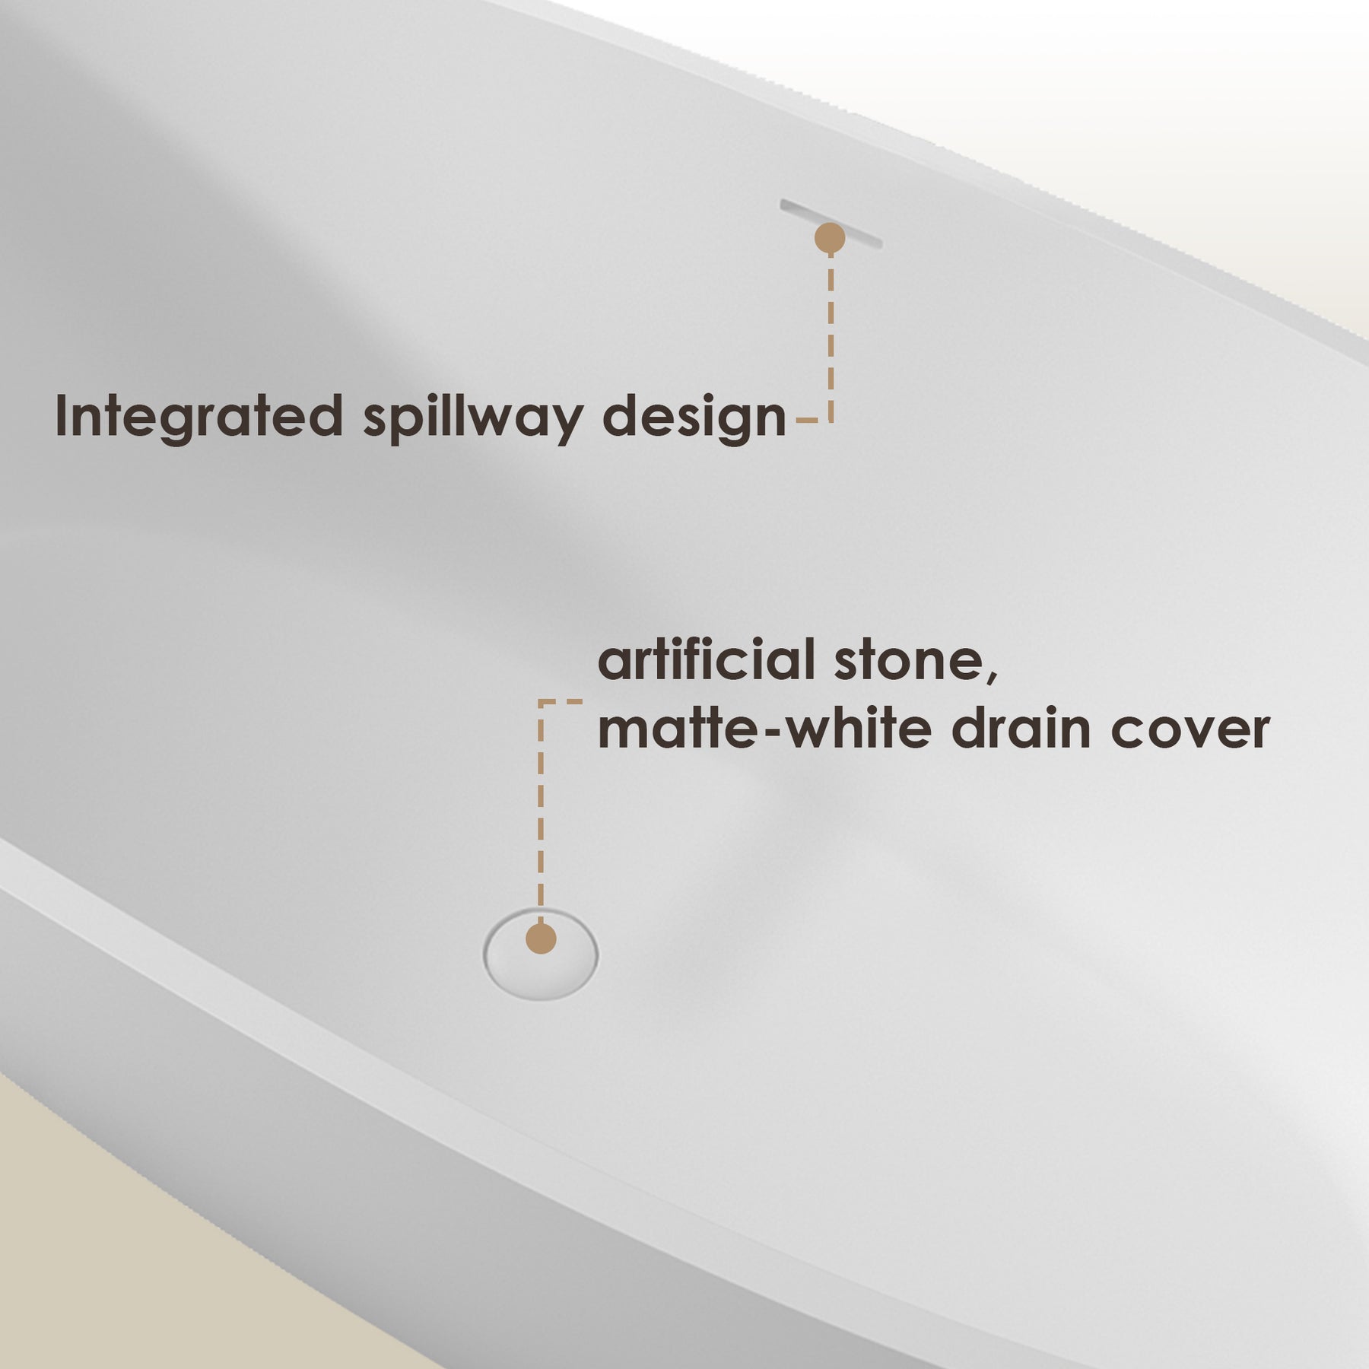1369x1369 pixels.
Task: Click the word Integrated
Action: pos(199,416)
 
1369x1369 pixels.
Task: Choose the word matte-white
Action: pos(765,729)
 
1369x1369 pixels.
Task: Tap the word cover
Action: pos(1190,732)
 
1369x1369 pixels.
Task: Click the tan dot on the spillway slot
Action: pos(830,238)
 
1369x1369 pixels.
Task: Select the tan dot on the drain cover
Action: pos(541,939)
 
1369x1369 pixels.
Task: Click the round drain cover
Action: pos(541,953)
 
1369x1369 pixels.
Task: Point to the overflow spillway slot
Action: pos(831,224)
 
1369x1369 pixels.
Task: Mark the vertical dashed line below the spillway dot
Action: pos(831,338)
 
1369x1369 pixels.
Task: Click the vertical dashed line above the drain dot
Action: pos(541,811)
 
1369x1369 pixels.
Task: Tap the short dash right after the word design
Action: pos(807,420)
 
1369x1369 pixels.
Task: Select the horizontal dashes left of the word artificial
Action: pos(561,702)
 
